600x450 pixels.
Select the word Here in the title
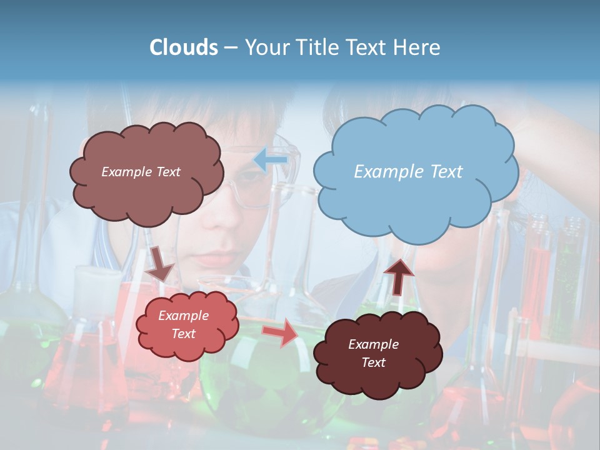click(x=417, y=47)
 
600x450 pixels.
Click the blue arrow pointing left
click(x=270, y=161)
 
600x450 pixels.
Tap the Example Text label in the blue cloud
click(x=408, y=171)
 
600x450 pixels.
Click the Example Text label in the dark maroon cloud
click(x=373, y=353)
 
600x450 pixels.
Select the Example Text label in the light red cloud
click(x=183, y=324)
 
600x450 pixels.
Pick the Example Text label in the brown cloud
click(x=141, y=171)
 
